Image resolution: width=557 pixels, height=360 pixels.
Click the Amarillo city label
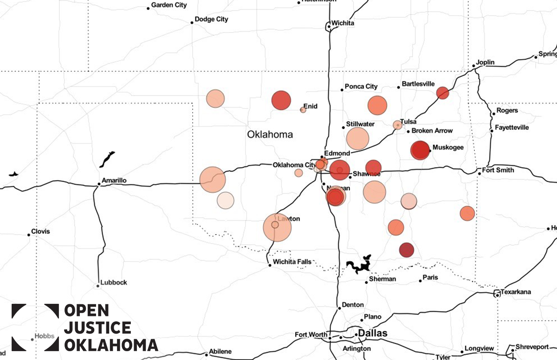pyautogui.click(x=113, y=180)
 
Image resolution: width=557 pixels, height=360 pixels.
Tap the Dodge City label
pyautogui.click(x=211, y=20)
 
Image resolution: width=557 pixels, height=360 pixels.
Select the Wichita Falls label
pyautogui.click(x=292, y=262)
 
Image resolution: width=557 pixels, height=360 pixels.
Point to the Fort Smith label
pyautogui.click(x=498, y=170)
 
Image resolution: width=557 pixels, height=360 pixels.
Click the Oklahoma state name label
pyautogui.click(x=270, y=135)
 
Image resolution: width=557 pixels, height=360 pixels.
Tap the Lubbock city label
pyautogui.click(x=114, y=282)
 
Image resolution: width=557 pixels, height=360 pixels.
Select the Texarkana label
pyautogui.click(x=515, y=292)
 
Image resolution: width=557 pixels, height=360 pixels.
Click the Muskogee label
pyautogui.click(x=448, y=148)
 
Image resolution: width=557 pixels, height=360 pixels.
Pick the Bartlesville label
pyautogui.click(x=418, y=84)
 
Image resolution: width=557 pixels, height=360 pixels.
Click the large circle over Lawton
pyautogui.click(x=277, y=228)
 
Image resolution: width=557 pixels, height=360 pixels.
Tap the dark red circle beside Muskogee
pyautogui.click(x=420, y=150)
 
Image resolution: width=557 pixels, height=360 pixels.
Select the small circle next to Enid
pyautogui.click(x=303, y=110)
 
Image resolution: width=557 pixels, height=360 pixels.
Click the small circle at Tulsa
pyautogui.click(x=397, y=125)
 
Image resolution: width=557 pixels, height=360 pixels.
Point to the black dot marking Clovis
pyautogui.click(x=29, y=235)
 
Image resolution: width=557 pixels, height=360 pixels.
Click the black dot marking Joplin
pyautogui.click(x=473, y=66)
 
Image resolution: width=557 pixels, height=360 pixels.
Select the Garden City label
pyautogui.click(x=169, y=5)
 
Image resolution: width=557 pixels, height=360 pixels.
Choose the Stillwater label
pyautogui.click(x=360, y=124)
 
